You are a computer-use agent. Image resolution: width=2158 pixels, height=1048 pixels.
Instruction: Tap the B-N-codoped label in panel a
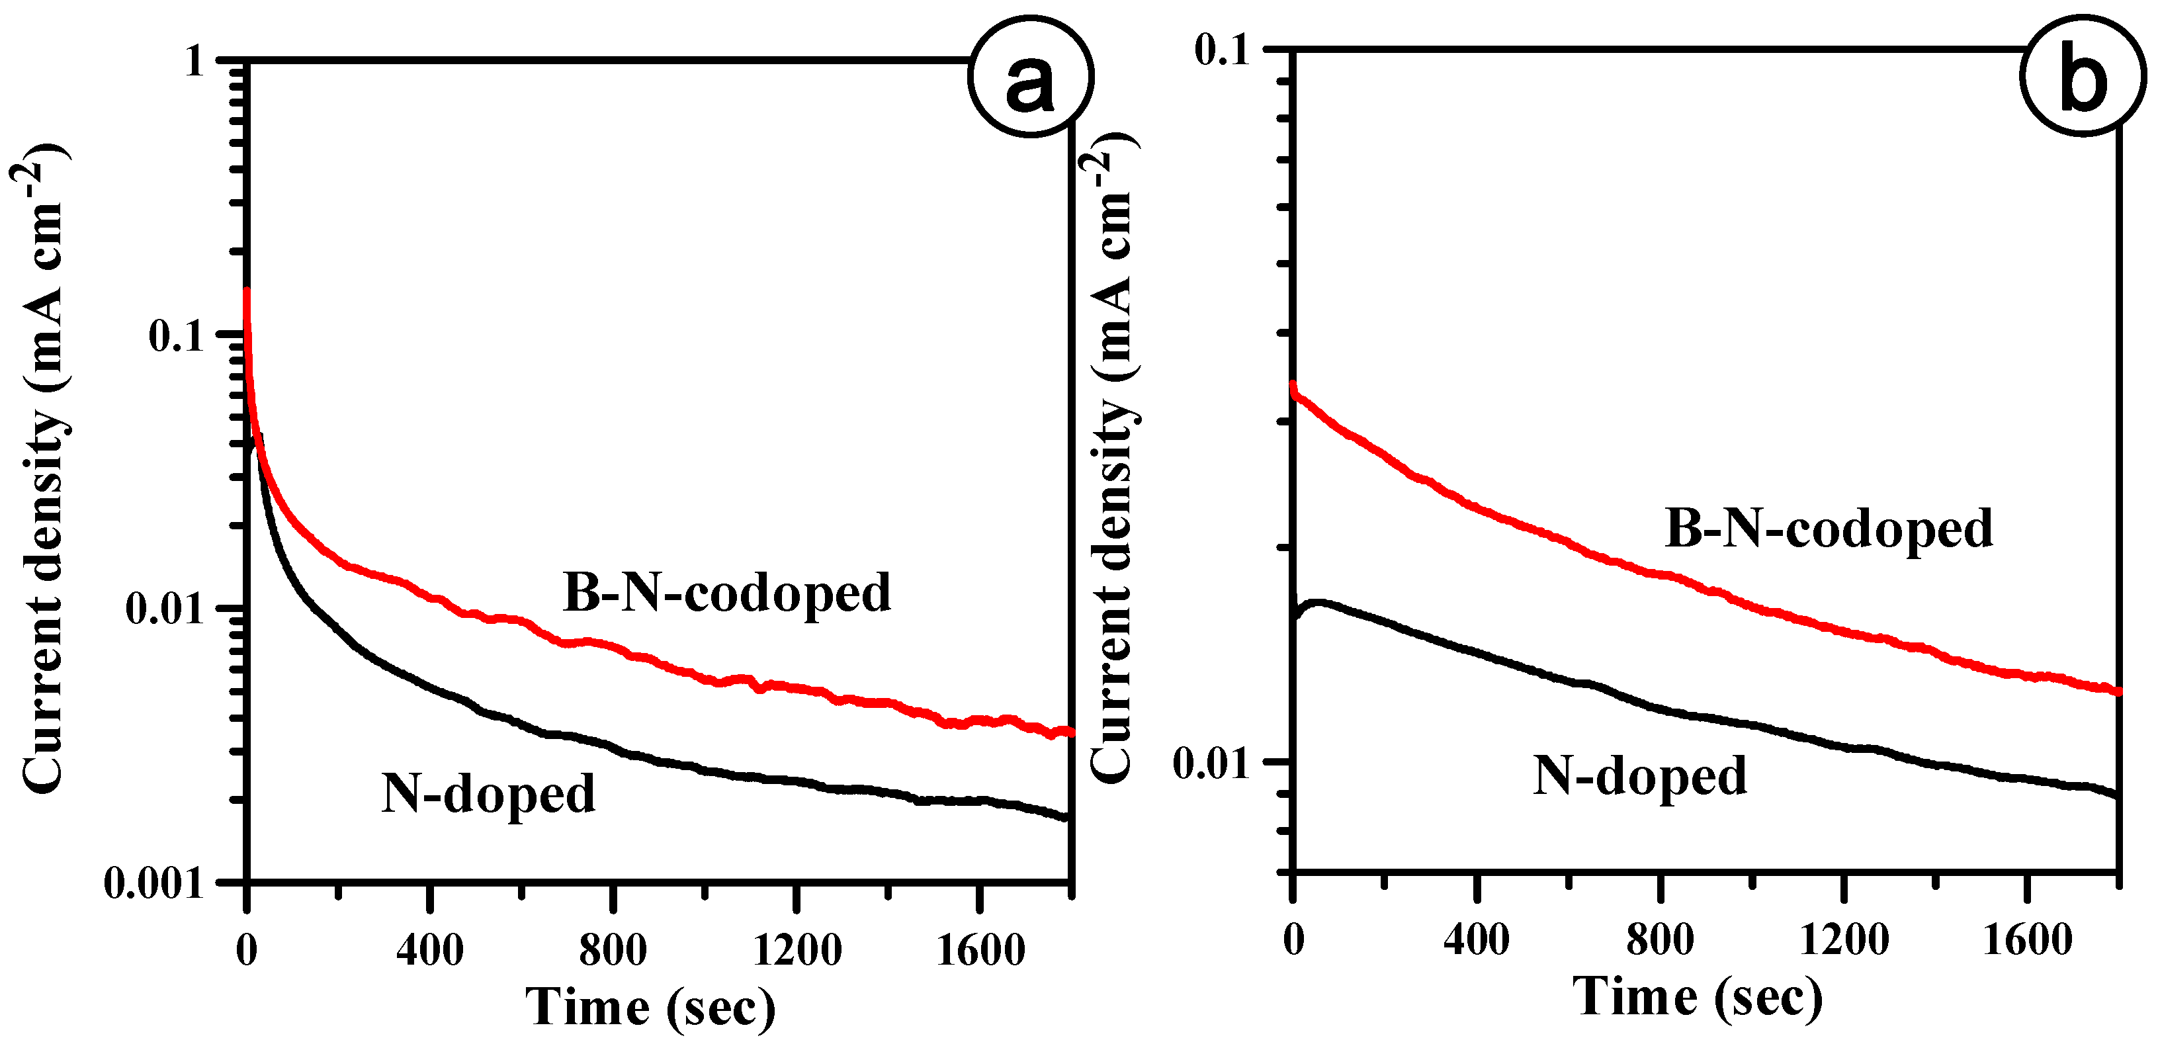tap(727, 593)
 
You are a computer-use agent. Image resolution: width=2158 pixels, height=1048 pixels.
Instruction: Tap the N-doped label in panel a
tap(488, 793)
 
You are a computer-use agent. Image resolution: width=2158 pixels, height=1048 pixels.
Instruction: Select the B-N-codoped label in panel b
tap(1829, 529)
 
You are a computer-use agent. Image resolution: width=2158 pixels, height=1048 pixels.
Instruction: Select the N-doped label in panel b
tap(1639, 775)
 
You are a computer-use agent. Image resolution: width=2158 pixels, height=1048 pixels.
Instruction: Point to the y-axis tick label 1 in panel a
tap(195, 61)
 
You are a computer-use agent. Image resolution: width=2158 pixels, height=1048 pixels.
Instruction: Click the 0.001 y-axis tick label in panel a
tap(155, 883)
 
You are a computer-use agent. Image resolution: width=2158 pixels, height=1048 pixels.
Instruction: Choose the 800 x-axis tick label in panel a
tap(613, 950)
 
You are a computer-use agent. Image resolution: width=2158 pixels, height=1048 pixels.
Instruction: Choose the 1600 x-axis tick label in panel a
tap(979, 950)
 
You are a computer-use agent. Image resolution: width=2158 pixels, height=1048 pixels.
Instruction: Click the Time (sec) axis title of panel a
tap(650, 1007)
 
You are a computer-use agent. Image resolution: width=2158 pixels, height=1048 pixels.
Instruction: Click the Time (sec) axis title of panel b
tap(1698, 997)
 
